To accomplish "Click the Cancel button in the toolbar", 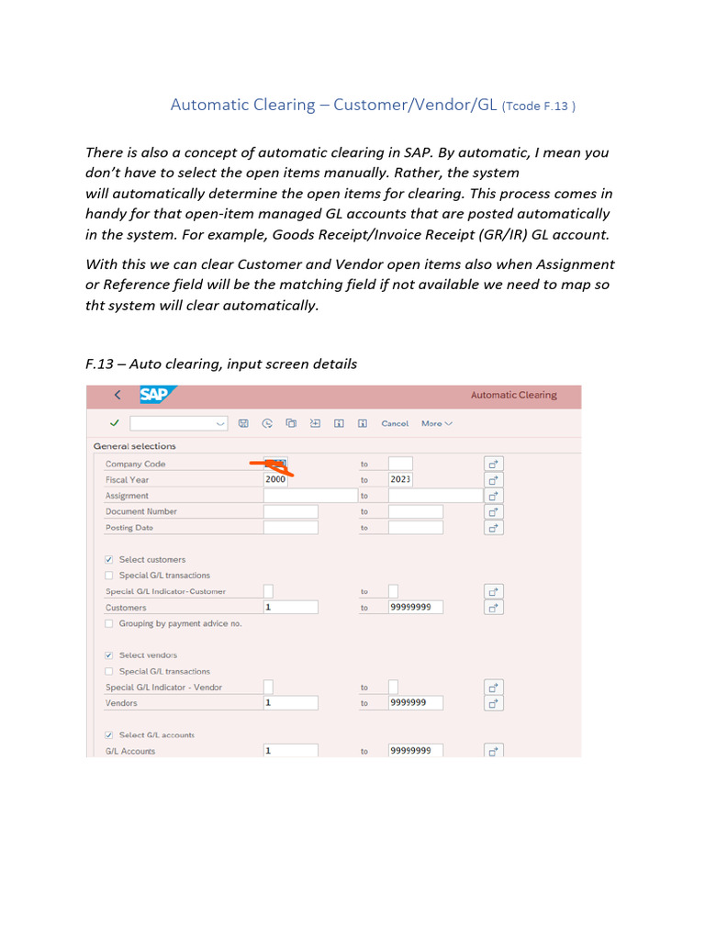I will tap(395, 423).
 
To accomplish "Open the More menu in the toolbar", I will tap(436, 423).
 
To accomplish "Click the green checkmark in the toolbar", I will tap(114, 423).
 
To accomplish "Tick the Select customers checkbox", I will tap(110, 559).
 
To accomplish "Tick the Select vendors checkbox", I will tap(110, 655).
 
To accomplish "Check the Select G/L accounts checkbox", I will tap(110, 735).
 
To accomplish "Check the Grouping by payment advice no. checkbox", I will tap(110, 623).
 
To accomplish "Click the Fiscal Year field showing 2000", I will tap(275, 479).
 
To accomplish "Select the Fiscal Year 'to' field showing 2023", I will tap(400, 479).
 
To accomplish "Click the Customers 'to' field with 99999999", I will tap(415, 607).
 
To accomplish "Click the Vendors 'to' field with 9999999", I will tap(415, 703).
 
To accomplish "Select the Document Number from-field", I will tap(290, 511).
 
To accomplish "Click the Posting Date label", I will tap(129, 528).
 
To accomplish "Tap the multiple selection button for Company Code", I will tap(494, 464).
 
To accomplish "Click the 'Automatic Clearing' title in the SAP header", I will tap(513, 395).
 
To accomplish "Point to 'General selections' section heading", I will tap(134, 446).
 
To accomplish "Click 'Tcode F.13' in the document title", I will tap(539, 106).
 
